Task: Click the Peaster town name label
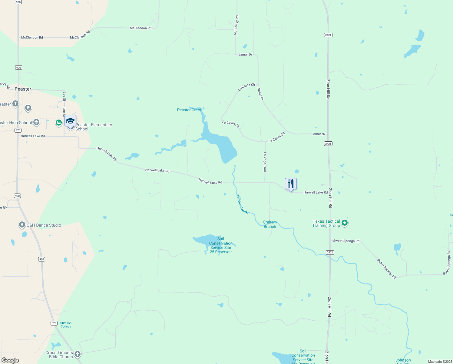(x=23, y=89)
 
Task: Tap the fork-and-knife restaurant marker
(x=291, y=184)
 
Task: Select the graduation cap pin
(x=70, y=121)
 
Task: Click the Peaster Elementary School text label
(x=94, y=127)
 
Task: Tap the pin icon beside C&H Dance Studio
(x=22, y=225)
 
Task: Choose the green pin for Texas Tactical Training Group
(x=344, y=223)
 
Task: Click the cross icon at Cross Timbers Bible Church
(x=78, y=354)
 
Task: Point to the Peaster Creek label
(x=189, y=110)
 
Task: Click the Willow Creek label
(x=242, y=204)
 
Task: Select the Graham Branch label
(x=270, y=224)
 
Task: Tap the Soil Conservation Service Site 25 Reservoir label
(x=221, y=245)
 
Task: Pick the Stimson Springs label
(x=66, y=325)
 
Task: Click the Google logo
(x=10, y=360)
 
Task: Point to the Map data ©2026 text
(x=440, y=362)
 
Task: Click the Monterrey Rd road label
(x=236, y=25)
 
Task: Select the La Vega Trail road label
(x=265, y=162)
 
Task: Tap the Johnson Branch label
(x=403, y=361)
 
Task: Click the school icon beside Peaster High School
(x=36, y=122)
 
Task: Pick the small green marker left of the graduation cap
(x=58, y=123)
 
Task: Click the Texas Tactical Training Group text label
(x=326, y=223)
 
